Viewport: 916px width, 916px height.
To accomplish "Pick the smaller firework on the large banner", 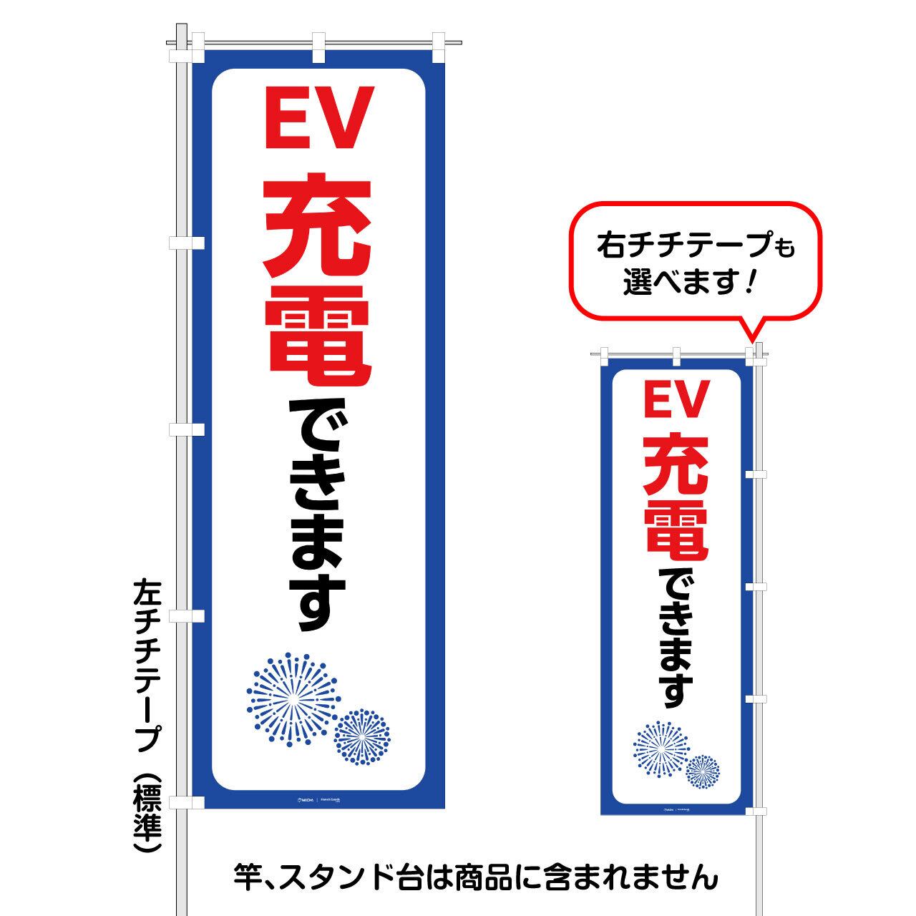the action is pos(363,736).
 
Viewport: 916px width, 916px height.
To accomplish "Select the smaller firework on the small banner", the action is pos(703,771).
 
